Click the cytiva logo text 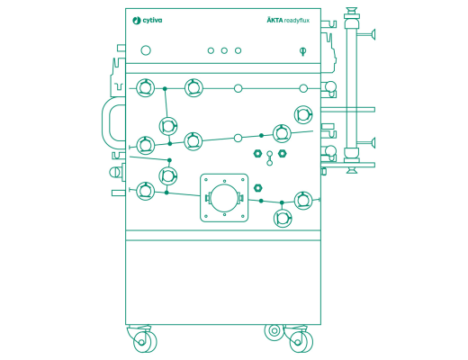click(148, 20)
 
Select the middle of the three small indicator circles click(224, 50)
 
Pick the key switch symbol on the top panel click(302, 51)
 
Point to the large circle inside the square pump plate click(224, 198)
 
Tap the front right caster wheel click(298, 342)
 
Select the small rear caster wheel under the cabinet click(273, 331)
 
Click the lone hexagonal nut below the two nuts click(259, 187)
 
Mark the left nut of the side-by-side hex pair click(257, 154)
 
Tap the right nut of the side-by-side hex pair click(282, 154)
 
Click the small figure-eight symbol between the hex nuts click(269, 158)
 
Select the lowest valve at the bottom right click(283, 218)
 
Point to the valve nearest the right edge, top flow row click(304, 114)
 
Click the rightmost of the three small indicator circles click(238, 50)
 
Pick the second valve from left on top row click(193, 88)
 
